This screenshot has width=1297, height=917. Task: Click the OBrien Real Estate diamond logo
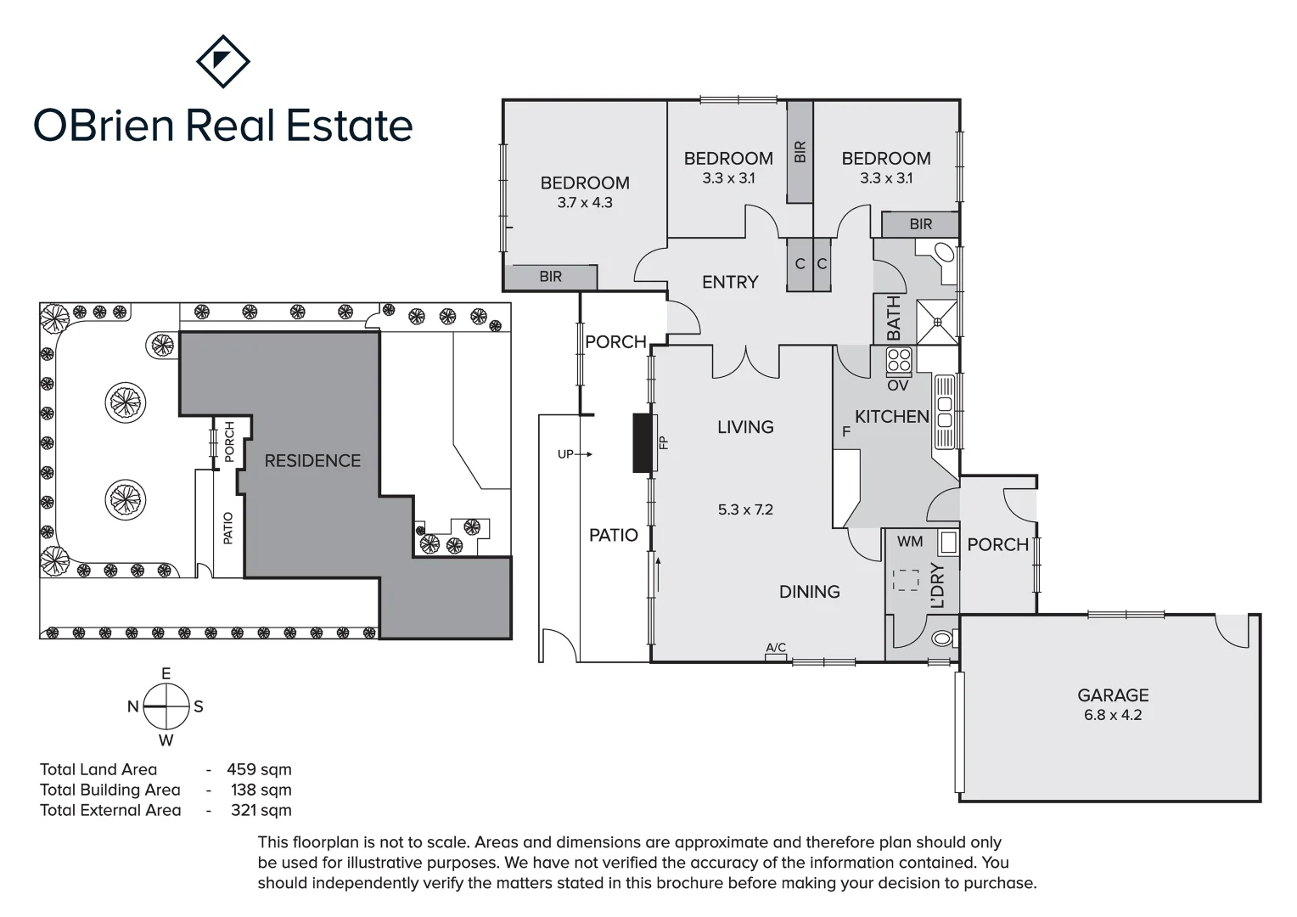coord(222,61)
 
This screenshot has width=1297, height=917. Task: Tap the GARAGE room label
coord(1113,695)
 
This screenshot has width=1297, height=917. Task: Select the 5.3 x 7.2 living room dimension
coord(745,509)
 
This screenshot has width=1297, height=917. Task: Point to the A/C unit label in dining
coord(776,649)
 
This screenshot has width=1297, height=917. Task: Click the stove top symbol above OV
coord(899,362)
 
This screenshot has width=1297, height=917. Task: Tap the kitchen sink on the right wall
coord(944,413)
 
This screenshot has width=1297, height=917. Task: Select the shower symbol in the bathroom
coord(937,321)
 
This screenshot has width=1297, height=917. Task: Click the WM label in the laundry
coord(909,542)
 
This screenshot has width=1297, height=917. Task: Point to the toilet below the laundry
coord(940,639)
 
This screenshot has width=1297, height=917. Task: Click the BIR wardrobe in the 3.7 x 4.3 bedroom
coord(550,277)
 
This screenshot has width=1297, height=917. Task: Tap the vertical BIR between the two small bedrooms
coord(800,152)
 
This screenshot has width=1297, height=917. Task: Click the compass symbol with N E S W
coord(166,706)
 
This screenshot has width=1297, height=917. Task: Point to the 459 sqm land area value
coord(259,770)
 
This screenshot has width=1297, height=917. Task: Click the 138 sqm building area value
coord(261,790)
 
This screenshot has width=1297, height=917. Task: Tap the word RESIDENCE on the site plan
coord(312,461)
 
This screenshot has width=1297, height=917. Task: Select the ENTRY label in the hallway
coord(730,282)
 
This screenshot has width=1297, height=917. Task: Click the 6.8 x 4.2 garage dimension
coord(1113,715)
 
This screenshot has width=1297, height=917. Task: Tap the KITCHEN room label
coord(891,416)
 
